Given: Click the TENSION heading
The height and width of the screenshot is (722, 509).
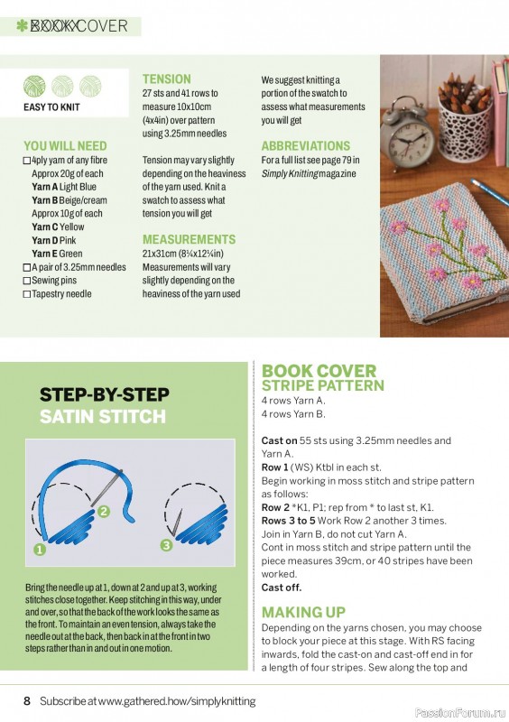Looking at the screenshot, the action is (x=167, y=79).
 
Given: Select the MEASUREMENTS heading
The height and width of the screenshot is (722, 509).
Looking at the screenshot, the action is (x=189, y=239).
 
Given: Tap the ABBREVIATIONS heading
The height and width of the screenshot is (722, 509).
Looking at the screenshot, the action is (x=305, y=146).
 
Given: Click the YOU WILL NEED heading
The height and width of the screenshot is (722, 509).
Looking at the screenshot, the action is (x=65, y=146).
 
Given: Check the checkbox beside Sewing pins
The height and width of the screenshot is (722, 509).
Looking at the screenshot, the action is (x=27, y=281).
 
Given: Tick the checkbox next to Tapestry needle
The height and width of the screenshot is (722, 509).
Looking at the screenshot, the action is (x=27, y=294).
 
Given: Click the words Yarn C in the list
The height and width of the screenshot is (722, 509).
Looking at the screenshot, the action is (x=45, y=227).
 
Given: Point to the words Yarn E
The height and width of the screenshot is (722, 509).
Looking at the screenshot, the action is (x=44, y=255).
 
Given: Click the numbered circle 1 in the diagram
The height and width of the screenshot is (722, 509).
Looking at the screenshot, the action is (x=40, y=548).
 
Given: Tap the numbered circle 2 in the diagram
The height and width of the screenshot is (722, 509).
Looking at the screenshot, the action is (x=103, y=512).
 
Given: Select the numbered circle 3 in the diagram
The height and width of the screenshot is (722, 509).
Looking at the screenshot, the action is (x=166, y=545).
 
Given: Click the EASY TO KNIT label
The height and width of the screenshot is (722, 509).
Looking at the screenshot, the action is (x=51, y=107).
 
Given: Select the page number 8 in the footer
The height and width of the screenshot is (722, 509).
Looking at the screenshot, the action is (x=27, y=700).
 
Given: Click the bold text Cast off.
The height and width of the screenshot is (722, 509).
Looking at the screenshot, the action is (x=282, y=588).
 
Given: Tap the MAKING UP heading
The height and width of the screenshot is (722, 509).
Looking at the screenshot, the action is (x=303, y=613).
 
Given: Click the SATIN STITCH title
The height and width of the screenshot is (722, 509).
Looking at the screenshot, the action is (x=102, y=417).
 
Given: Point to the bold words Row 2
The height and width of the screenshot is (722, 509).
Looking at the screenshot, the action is (x=277, y=508).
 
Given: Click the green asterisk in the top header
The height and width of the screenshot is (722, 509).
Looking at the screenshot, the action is (x=22, y=26).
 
